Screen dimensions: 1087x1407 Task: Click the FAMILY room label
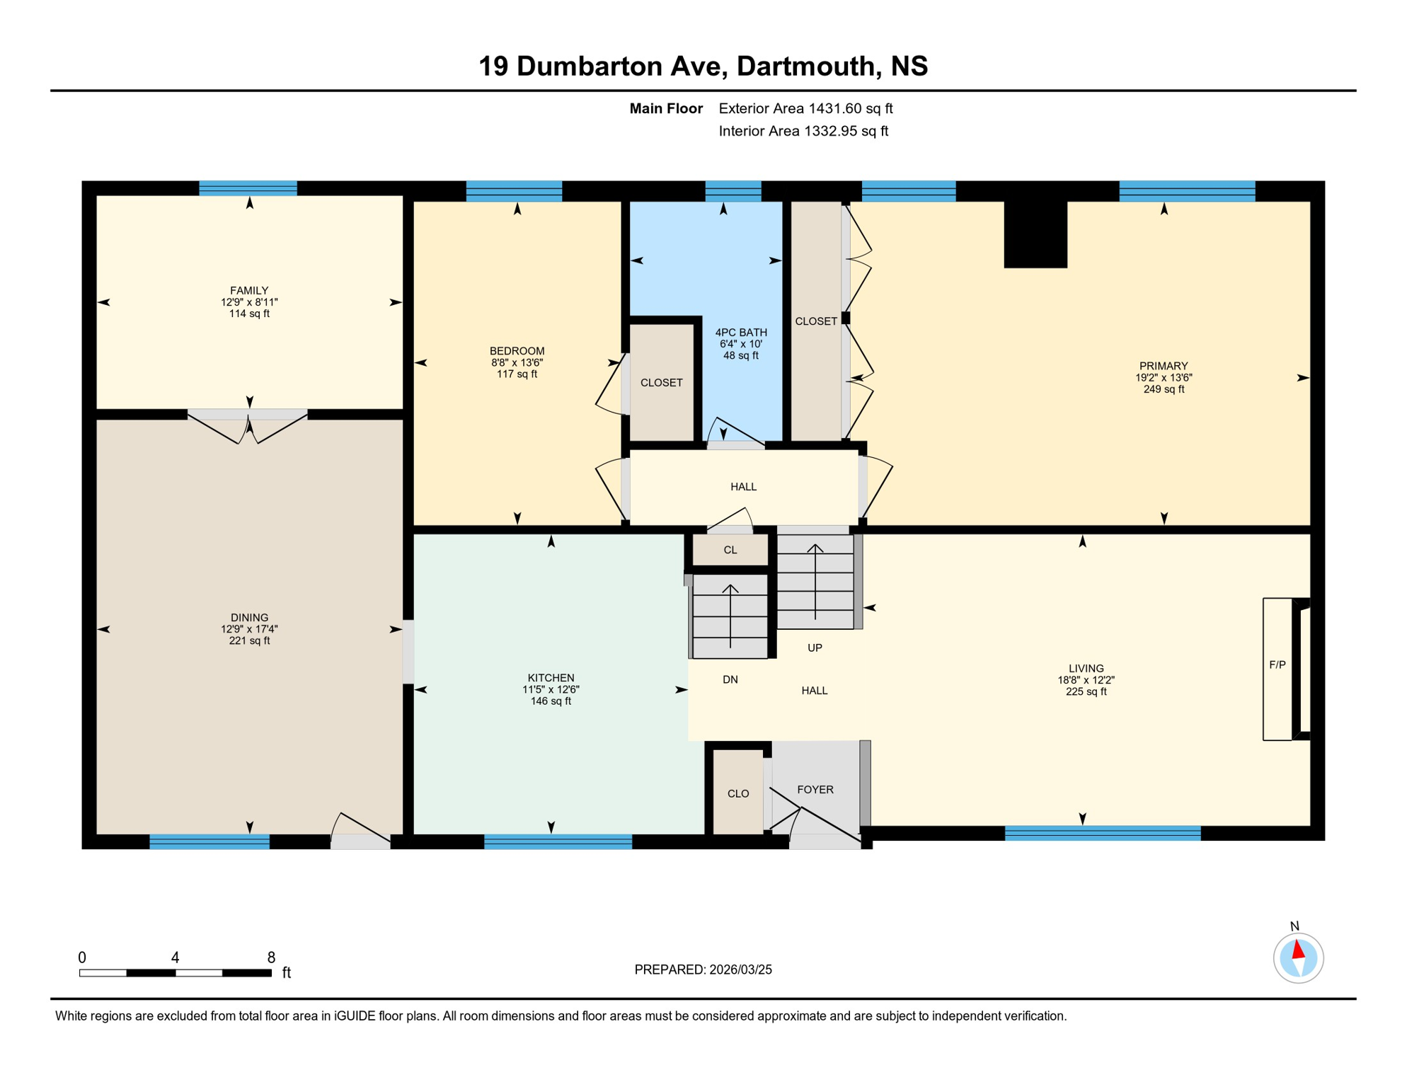pos(249,290)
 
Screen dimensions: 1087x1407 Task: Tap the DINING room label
pos(249,617)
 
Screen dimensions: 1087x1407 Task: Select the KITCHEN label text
pos(551,677)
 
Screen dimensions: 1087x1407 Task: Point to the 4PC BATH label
pos(740,332)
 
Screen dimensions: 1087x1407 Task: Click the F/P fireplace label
pos(1277,665)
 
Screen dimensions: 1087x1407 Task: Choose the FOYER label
pos(815,789)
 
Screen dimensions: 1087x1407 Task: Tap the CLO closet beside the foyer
pos(737,793)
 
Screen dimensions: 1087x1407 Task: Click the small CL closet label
pos(730,550)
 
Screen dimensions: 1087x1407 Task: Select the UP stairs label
pos(815,648)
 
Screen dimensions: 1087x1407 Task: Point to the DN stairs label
pos(730,679)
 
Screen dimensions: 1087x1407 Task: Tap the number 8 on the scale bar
pos(271,957)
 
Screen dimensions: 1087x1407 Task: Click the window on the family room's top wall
pos(248,188)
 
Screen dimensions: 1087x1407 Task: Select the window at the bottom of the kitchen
pos(558,841)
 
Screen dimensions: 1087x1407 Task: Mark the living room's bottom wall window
pos(1102,833)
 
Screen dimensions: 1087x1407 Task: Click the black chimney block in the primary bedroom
pos(1035,234)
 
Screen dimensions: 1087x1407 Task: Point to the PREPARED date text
pos(703,970)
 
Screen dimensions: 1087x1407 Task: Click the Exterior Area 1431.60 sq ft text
pos(805,108)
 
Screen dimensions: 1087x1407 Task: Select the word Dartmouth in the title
pos(805,66)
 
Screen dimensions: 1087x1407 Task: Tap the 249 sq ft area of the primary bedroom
pos(1164,389)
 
